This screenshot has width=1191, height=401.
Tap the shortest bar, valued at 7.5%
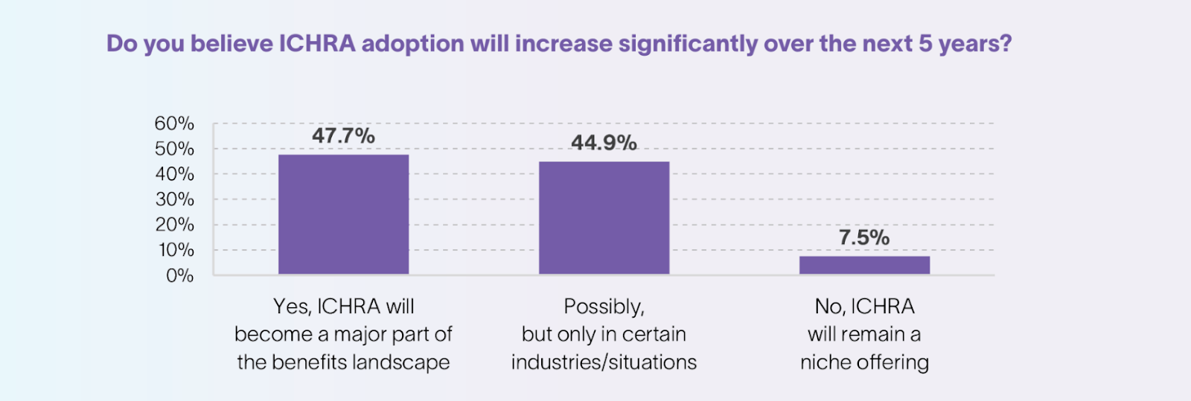tap(864, 266)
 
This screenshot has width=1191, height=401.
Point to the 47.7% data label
tap(343, 136)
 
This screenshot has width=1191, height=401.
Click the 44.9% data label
tap(604, 143)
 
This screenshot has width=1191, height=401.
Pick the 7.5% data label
tap(864, 238)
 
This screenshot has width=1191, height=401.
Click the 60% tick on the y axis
tap(174, 123)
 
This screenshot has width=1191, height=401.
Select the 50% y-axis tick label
tap(174, 149)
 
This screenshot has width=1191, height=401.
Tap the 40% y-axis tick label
tap(174, 174)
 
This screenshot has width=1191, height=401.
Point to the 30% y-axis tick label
tap(174, 199)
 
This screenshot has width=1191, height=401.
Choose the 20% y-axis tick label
tap(174, 225)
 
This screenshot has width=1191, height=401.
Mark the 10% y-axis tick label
tap(176, 250)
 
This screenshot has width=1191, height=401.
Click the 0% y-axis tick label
tap(179, 276)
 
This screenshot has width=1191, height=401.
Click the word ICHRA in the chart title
tap(317, 44)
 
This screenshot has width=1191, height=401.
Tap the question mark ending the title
tap(1006, 44)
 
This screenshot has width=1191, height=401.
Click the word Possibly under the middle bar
tap(603, 307)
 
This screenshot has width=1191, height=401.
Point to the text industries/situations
tap(604, 362)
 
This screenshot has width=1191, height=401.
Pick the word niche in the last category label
tap(826, 362)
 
